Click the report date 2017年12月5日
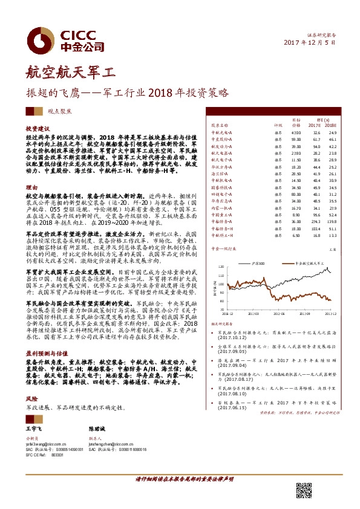(x=309, y=42)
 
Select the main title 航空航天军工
(x=71, y=74)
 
